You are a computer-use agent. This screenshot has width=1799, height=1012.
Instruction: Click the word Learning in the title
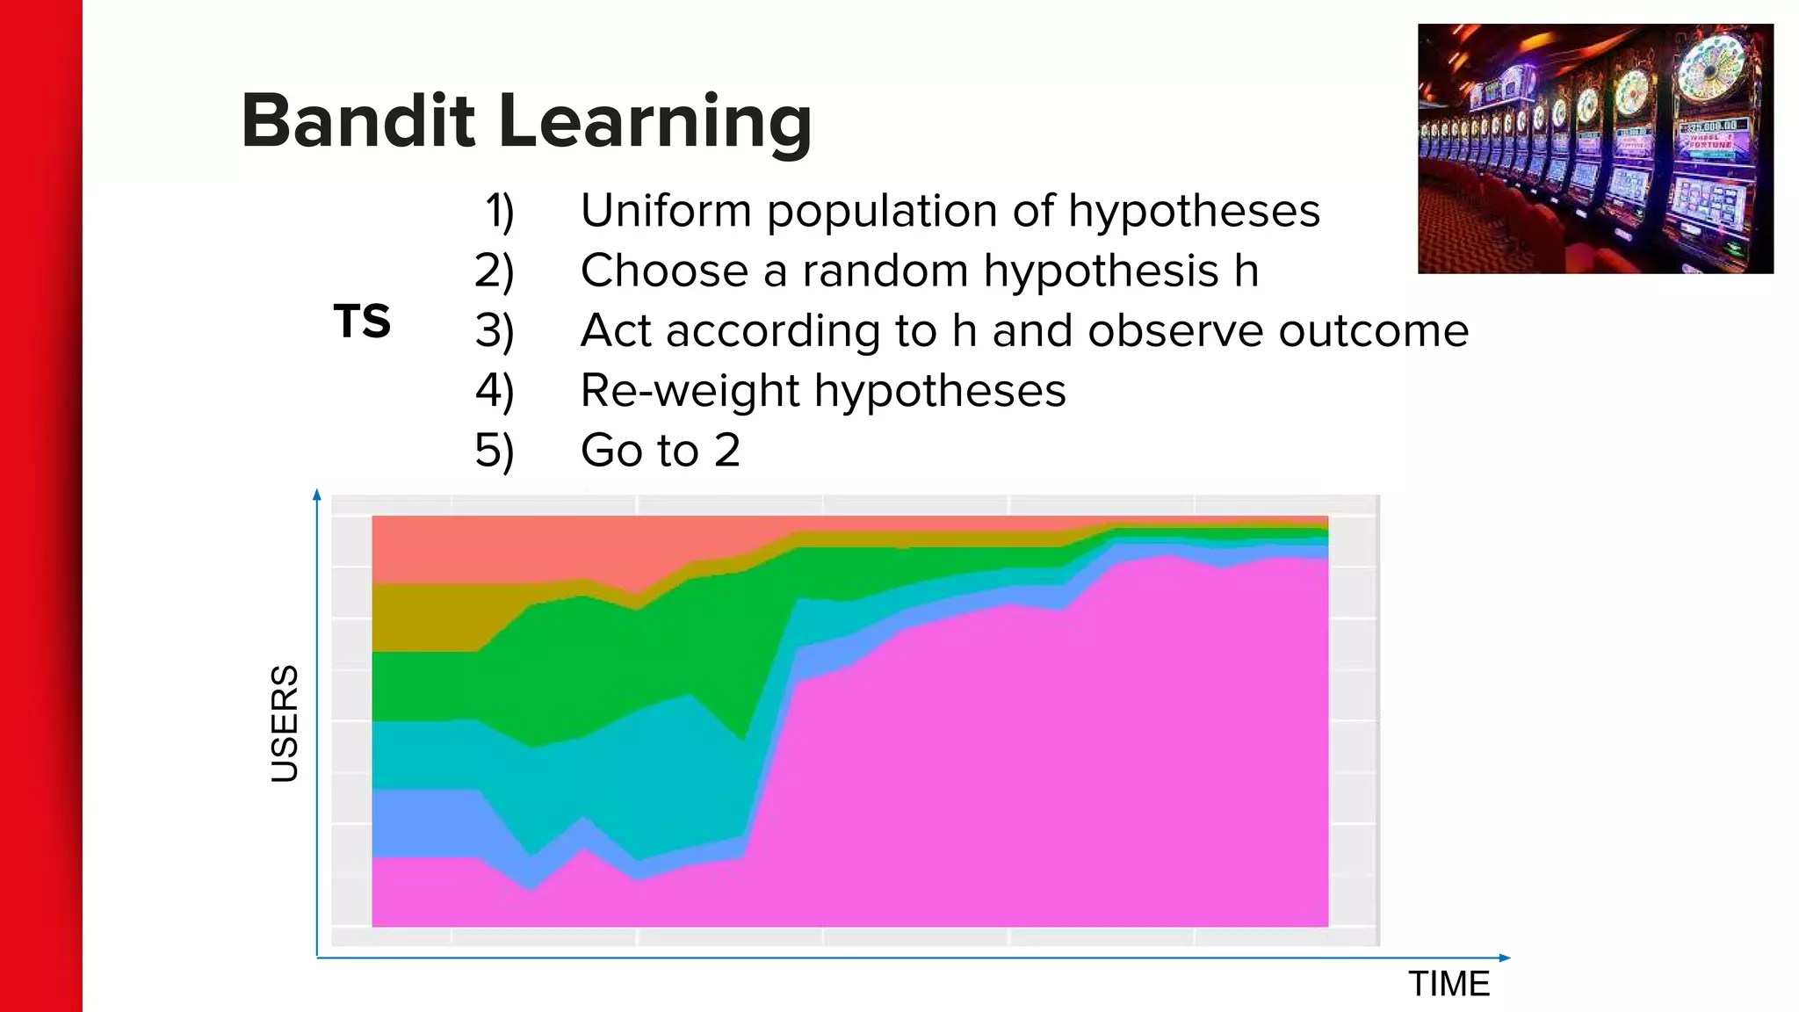[x=654, y=123]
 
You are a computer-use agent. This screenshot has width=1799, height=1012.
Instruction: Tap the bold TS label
[x=362, y=322]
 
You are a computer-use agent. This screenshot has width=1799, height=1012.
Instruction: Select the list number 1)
[x=499, y=212]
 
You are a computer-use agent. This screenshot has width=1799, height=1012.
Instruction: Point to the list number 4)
[x=495, y=391]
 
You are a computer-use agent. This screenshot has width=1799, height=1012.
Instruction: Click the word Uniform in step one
[x=666, y=211]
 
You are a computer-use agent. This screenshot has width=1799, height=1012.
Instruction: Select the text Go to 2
[x=661, y=451]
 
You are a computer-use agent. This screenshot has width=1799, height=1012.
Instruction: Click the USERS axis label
[x=285, y=723]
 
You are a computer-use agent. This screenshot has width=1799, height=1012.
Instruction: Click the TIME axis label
[x=1449, y=984]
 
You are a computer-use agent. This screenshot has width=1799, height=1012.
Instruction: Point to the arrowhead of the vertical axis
[x=317, y=495]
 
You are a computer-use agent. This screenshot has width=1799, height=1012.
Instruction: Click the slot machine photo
[x=1594, y=148]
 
